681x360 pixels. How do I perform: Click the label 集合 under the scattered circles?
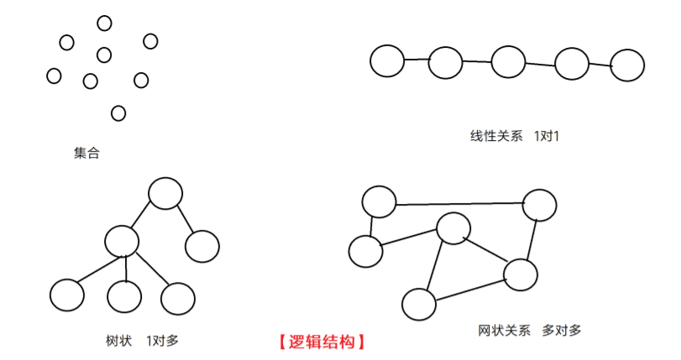click(86, 154)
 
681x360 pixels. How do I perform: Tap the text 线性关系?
click(496, 135)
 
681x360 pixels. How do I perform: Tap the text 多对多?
click(562, 330)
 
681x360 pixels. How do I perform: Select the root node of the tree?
click(165, 193)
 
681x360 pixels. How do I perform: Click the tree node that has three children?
click(122, 241)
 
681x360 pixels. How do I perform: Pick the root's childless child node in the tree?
click(202, 246)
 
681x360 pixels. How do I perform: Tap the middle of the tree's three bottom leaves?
click(124, 295)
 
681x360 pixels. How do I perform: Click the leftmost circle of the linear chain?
click(387, 60)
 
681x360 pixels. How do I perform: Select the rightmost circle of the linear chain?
click(627, 65)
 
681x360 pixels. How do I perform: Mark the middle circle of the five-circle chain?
click(508, 61)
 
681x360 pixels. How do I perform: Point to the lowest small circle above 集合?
click(118, 112)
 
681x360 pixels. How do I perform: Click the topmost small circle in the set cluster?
click(104, 23)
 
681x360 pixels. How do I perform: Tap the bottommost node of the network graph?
click(418, 304)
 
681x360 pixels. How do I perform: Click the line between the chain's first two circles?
click(416, 60)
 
